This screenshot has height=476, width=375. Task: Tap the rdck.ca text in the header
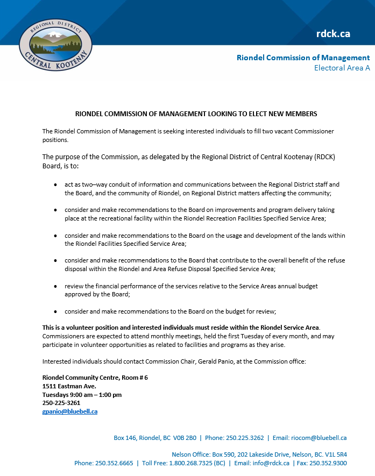[x=333, y=33]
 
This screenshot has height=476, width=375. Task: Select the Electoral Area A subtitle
[x=342, y=68]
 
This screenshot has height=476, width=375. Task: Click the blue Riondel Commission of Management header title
[x=303, y=58]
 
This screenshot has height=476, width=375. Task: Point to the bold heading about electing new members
[x=196, y=114]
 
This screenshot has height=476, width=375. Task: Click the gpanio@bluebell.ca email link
[x=70, y=411]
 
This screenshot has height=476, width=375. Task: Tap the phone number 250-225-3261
[x=61, y=403]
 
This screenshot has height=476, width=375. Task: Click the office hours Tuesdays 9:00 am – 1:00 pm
[x=82, y=395]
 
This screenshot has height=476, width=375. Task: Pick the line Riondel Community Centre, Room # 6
[x=95, y=378]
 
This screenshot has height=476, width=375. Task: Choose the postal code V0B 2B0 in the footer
[x=185, y=438]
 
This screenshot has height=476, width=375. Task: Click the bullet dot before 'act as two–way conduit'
[x=56, y=184]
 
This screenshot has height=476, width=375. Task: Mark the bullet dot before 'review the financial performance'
[x=56, y=286]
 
